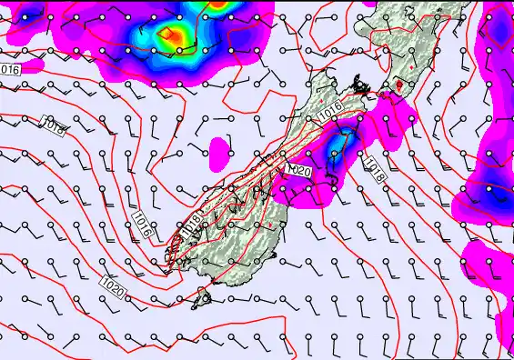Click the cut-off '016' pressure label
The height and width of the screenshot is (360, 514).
click(x=10, y=69)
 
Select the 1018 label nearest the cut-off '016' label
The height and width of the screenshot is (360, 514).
click(x=54, y=126)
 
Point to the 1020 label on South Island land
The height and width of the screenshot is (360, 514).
click(x=299, y=170)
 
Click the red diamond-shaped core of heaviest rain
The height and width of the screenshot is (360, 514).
click(x=169, y=35)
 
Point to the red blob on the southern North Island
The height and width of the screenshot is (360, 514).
click(x=397, y=86)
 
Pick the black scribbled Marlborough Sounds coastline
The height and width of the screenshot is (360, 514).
click(x=361, y=89)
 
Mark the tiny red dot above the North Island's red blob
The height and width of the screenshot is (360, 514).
click(x=411, y=65)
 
